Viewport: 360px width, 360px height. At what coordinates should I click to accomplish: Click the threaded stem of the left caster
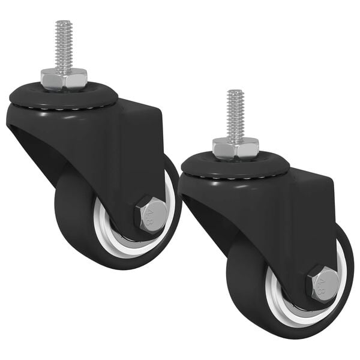[x=64, y=45]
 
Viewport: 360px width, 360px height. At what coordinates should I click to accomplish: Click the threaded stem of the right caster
[x=235, y=114]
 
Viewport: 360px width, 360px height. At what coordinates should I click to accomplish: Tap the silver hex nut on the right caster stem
[x=235, y=146]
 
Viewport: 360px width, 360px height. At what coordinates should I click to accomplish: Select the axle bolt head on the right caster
[x=324, y=283]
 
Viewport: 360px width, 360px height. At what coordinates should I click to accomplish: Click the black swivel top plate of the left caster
[x=36, y=95]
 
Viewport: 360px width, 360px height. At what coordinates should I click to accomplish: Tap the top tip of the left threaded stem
[x=64, y=23]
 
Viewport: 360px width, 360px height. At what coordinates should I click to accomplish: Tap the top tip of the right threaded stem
[x=235, y=92]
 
